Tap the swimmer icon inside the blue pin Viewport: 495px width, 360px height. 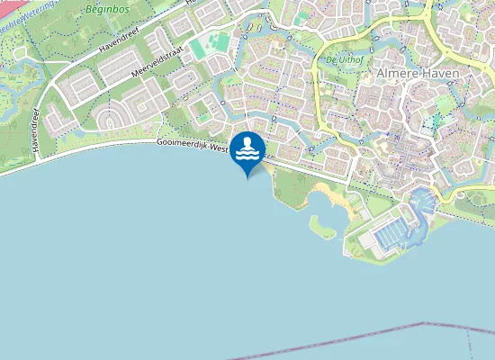click(247, 149)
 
